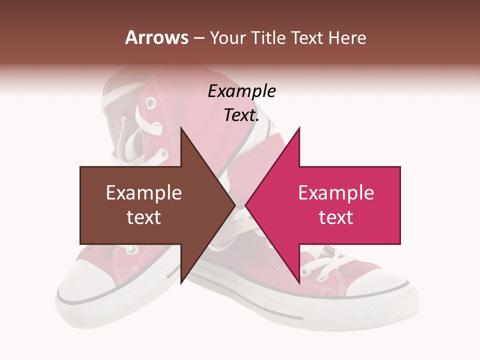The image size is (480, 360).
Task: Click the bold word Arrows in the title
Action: click(156, 37)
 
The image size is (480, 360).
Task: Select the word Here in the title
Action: click(347, 37)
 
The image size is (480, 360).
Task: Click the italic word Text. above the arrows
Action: click(241, 115)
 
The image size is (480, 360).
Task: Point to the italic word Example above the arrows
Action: click(241, 91)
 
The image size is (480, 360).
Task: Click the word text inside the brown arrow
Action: click(143, 217)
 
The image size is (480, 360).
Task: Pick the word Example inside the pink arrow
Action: click(336, 193)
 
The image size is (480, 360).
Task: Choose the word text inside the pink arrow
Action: click(336, 217)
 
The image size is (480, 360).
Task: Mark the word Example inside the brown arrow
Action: click(143, 193)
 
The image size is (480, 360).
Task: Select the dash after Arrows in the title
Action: click(198, 38)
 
